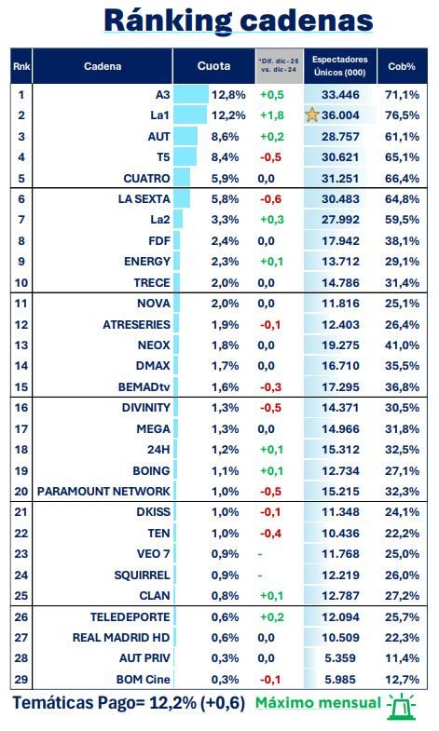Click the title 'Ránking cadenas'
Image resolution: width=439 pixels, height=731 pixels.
point(238,20)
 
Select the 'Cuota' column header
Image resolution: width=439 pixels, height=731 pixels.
point(213,66)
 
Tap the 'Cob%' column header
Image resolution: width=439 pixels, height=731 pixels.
point(403,66)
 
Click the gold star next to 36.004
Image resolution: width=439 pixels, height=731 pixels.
point(311,115)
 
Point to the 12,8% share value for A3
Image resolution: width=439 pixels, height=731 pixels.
point(228,95)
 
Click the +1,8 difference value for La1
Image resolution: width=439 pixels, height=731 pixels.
point(271,115)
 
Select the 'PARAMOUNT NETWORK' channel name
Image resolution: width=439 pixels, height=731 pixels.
point(103,491)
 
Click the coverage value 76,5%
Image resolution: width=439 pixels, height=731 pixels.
point(403,115)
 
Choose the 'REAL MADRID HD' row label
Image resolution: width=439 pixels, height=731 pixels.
point(121,637)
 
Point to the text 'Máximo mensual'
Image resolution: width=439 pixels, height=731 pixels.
point(318,704)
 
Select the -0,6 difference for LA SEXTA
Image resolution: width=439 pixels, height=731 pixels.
point(271,198)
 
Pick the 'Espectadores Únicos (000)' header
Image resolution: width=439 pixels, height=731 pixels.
point(339,66)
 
